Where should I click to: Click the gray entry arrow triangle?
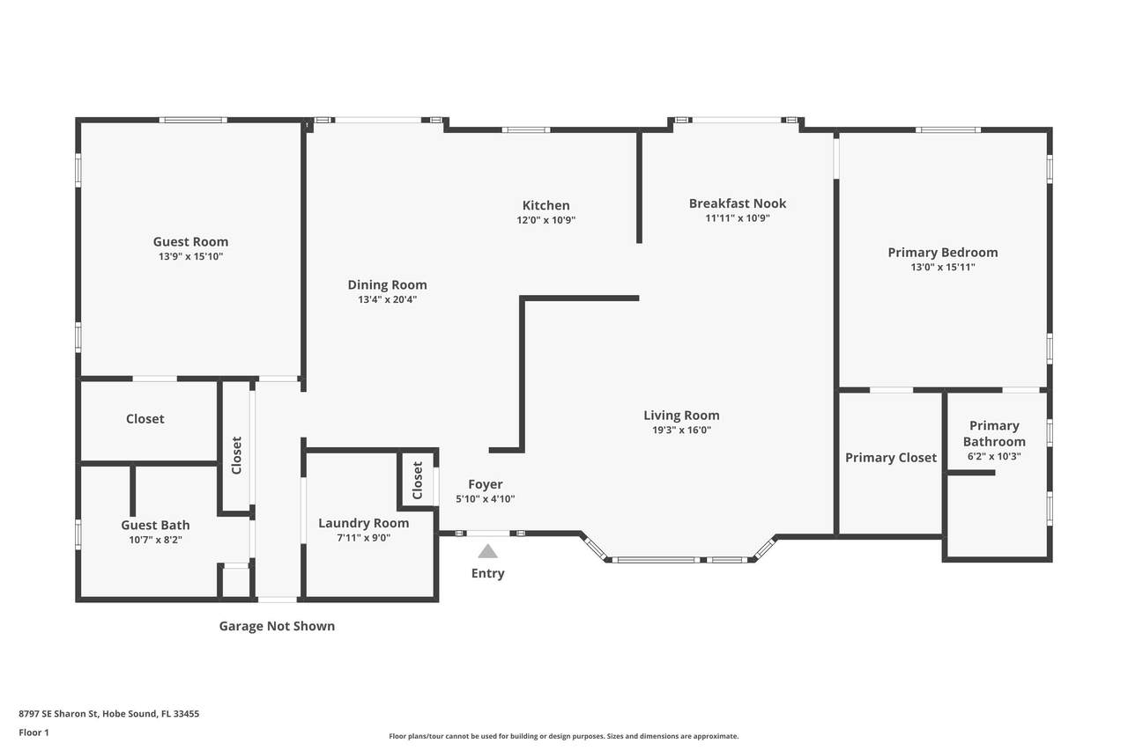click(x=487, y=551)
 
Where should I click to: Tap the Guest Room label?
click(x=191, y=241)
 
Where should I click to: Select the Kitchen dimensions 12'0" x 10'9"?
click(x=545, y=220)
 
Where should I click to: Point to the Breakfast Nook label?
click(x=738, y=203)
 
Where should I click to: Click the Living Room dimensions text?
click(x=681, y=430)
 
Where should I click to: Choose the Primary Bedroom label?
click(x=943, y=253)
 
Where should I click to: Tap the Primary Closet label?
click(x=891, y=458)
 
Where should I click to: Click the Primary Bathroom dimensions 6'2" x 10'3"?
click(x=994, y=457)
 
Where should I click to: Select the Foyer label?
click(x=486, y=484)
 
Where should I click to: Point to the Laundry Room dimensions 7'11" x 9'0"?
click(x=364, y=538)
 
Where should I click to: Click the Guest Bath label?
click(x=156, y=525)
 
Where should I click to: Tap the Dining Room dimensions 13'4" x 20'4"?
click(x=387, y=300)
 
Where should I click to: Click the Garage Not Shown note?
click(x=277, y=626)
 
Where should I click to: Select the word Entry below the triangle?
click(x=488, y=573)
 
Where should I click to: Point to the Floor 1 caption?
click(x=33, y=733)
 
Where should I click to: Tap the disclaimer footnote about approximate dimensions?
click(x=563, y=736)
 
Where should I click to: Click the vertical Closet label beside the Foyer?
click(x=418, y=481)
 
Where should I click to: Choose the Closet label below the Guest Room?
click(x=145, y=419)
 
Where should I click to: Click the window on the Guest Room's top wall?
click(x=193, y=121)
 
